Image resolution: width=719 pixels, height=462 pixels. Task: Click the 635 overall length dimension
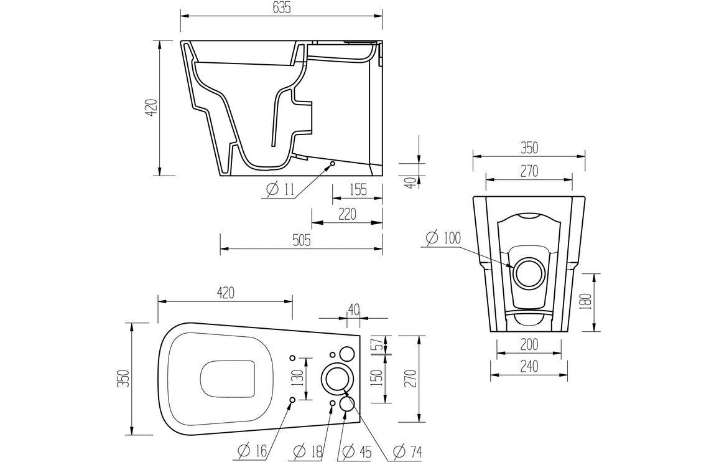point(281,7)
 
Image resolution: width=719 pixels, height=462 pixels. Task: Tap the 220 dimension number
point(346,214)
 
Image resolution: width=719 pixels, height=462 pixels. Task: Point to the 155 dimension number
point(357,189)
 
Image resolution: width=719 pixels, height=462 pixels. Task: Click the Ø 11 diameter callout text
point(280,191)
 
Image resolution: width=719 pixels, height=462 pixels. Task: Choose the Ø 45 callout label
point(356,450)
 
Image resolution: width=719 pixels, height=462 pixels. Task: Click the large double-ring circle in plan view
point(336,377)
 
